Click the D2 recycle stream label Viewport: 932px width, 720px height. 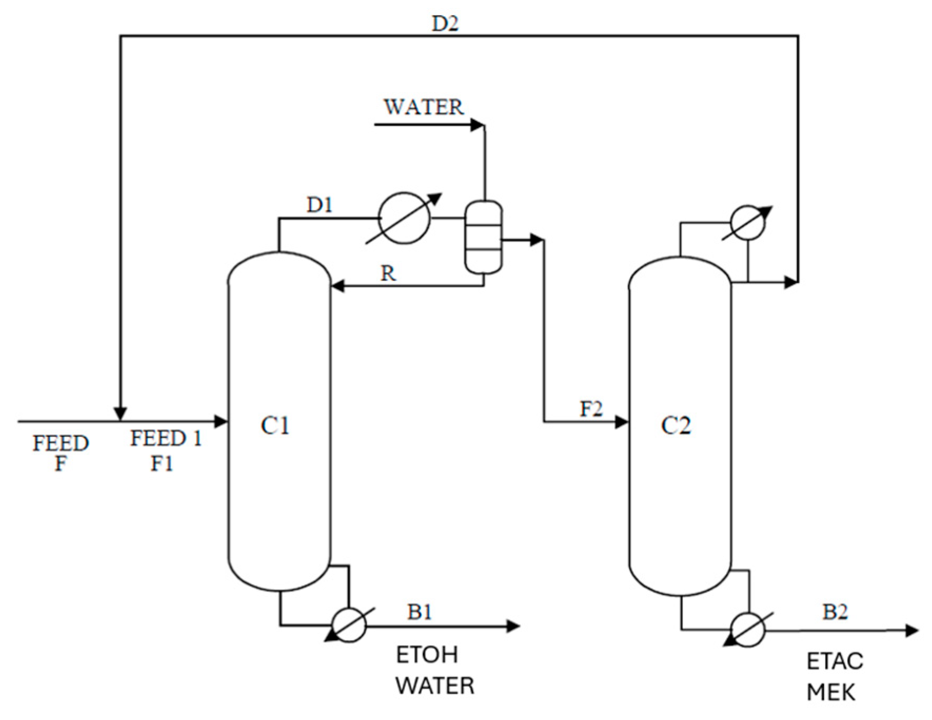(445, 24)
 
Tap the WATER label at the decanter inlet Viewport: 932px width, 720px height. (424, 107)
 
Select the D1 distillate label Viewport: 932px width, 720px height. (320, 205)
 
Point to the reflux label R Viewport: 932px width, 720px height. (388, 273)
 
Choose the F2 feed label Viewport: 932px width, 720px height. (591, 409)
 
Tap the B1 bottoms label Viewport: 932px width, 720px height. (420, 612)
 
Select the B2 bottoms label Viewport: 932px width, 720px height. (835, 612)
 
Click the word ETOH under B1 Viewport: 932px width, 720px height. (427, 655)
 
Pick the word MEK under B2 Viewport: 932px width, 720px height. (831, 693)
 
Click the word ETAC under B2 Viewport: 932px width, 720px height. (835, 662)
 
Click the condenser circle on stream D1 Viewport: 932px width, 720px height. (404, 218)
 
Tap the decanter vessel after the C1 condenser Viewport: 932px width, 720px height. (483, 238)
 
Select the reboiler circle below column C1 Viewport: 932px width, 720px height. (349, 625)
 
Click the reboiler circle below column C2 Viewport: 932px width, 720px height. (748, 629)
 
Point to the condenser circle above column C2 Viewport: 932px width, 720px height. (748, 223)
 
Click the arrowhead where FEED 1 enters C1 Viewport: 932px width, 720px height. (222, 421)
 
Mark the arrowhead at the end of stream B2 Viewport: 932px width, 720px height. (912, 630)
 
